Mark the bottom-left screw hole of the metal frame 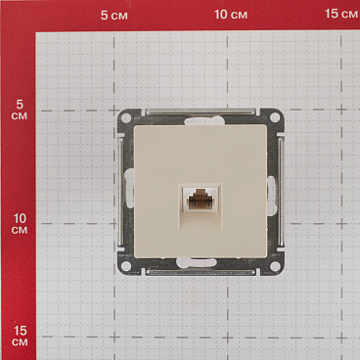click(127, 264)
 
